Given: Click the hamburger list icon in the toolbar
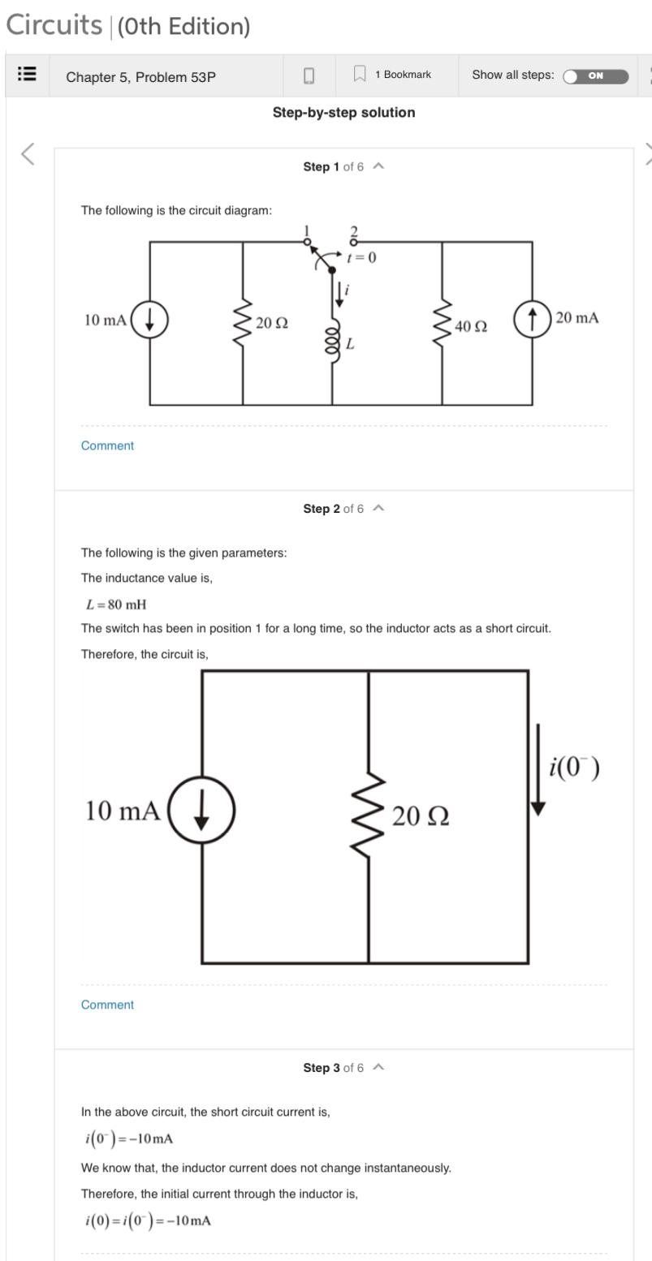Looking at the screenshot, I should tap(27, 75).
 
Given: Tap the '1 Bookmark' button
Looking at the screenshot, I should tap(395, 75).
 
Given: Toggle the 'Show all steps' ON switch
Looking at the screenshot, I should tap(596, 76).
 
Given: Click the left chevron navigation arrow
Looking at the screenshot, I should tap(28, 153).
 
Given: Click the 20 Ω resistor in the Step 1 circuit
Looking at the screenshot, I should tap(243, 321).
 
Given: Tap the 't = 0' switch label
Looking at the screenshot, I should tap(361, 258).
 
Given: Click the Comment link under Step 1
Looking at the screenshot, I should tap(107, 445).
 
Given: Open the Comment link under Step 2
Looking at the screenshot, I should tap(107, 1005).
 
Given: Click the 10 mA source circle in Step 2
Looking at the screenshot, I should tap(201, 811).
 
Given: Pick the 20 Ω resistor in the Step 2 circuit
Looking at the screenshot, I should tap(369, 814).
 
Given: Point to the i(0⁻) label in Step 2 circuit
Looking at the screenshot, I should tap(574, 767).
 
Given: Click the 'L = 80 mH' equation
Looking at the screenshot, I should tap(116, 605).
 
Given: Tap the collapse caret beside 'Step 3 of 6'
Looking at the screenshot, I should tap(378, 1068).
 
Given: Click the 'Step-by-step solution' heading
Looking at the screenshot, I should tap(343, 113).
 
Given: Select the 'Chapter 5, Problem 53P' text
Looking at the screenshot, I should tap(140, 77).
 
